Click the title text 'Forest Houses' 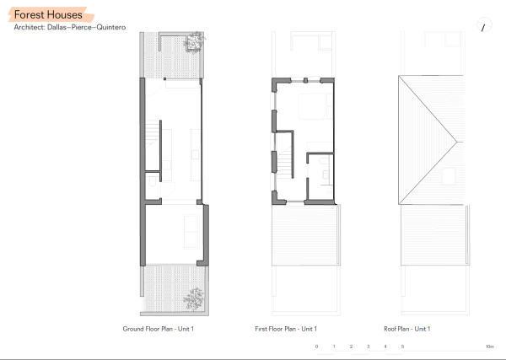point(48,14)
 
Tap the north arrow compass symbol point(483,27)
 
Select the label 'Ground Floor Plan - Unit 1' point(159,328)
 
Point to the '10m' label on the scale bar point(489,347)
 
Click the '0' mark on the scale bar point(317,347)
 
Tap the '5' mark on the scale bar point(402,347)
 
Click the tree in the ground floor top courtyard point(195,40)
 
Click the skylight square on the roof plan point(450,175)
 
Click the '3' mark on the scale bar point(368,347)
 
